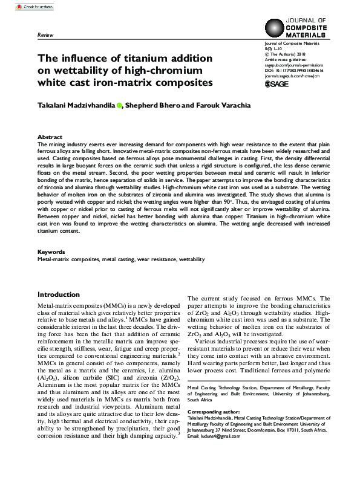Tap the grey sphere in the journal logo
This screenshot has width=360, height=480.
point(275,28)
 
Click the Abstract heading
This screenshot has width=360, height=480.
point(50,137)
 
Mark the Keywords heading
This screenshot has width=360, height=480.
point(51,251)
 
